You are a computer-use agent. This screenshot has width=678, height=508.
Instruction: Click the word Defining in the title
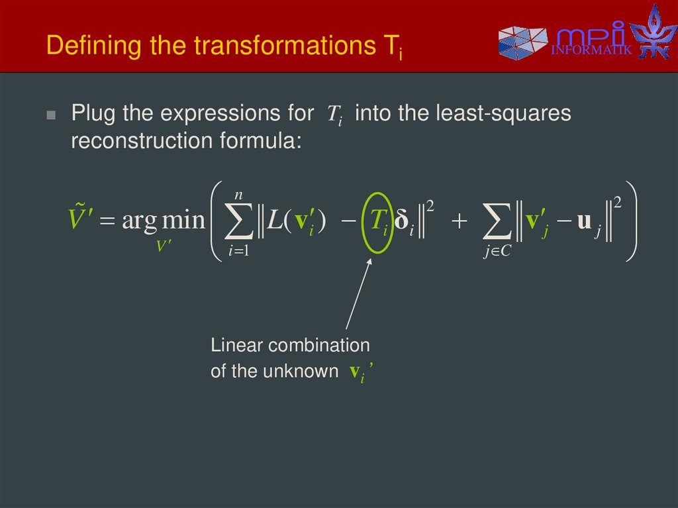point(83,46)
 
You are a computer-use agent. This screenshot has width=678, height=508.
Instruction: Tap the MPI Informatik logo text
point(591,40)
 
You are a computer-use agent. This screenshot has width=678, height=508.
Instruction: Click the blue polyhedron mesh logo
point(522,41)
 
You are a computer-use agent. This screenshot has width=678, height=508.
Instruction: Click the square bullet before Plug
point(52,115)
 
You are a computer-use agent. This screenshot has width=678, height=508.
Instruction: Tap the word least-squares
point(503,113)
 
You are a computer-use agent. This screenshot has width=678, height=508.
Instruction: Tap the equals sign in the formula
point(107,220)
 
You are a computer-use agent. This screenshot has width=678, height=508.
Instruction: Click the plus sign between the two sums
point(459,221)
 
